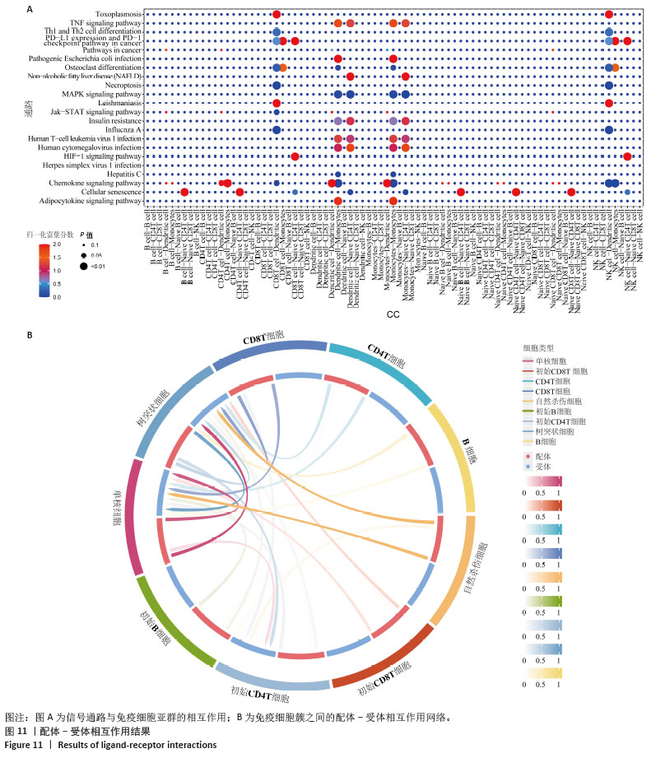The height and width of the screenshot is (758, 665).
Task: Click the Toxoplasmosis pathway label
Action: coord(119,15)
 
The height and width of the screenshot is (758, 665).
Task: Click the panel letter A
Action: coord(30,9)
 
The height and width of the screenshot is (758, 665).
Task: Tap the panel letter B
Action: coord(30,335)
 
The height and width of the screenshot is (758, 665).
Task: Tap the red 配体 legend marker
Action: coord(527,454)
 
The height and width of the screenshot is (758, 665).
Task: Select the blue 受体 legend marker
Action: coord(527,467)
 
